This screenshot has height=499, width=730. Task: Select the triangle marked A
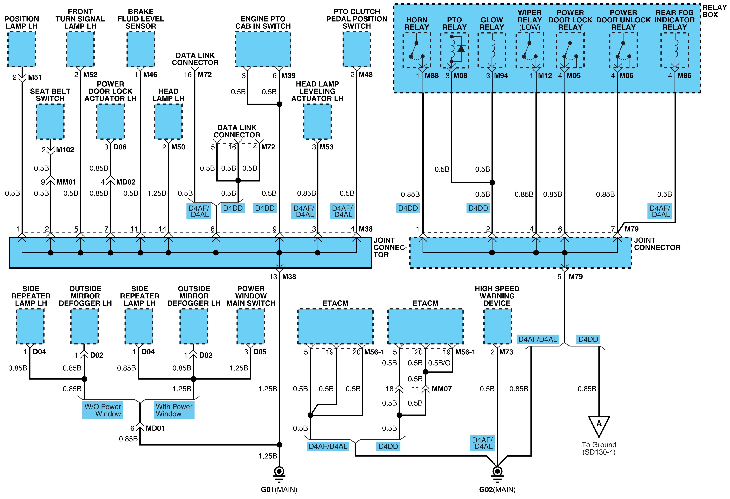pos(599,426)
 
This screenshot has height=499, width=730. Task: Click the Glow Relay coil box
pos(492,50)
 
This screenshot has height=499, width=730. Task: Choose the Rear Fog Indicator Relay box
pos(674,50)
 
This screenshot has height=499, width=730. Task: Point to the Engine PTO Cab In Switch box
pos(263,49)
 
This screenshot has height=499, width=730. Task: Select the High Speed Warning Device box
pos(497,326)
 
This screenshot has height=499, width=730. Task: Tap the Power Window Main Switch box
pos(251,326)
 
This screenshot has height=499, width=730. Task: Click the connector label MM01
pos(66,182)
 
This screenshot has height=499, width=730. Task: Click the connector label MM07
pos(442,389)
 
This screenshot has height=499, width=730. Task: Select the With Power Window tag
pos(174,410)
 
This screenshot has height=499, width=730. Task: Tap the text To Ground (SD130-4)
pos(599,448)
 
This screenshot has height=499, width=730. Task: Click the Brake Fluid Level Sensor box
pos(141,49)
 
